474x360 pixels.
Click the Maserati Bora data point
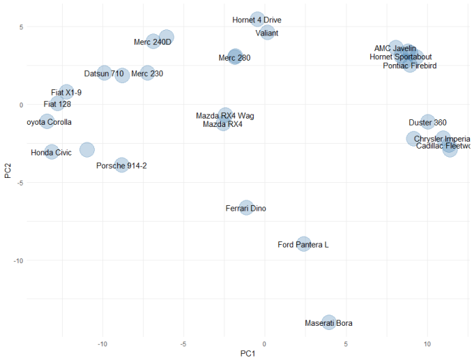point(329,322)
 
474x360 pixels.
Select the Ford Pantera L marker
point(303,244)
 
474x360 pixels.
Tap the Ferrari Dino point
point(246,207)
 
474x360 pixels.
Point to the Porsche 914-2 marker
point(122,165)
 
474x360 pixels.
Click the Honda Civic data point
point(52,151)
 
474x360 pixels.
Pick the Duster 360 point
point(428,122)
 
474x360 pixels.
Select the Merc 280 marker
point(235,57)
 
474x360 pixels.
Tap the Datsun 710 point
point(104,73)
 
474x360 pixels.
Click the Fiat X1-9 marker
point(66,91)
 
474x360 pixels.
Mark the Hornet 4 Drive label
point(257,20)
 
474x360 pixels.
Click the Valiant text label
point(267,33)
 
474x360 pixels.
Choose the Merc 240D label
point(153,42)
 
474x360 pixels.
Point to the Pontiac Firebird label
point(410,66)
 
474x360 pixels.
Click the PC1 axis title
point(249,354)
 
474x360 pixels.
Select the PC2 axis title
point(8,170)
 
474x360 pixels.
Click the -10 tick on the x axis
point(103,344)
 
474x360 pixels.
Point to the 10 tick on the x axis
point(427,344)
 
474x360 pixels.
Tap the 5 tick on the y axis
point(21,27)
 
